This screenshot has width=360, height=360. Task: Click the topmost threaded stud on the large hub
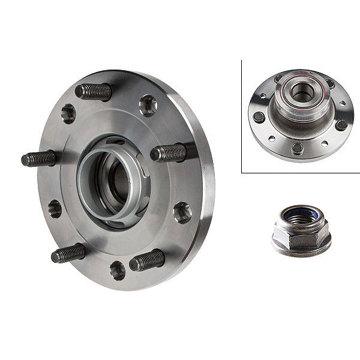point(94,91)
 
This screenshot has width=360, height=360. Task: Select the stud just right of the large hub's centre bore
point(169,153)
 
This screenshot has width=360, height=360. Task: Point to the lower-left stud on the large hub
point(68,253)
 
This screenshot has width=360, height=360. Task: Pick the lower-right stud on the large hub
point(146,260)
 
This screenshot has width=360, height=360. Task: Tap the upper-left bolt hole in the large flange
point(68,113)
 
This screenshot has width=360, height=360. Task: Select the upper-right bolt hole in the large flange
point(148,106)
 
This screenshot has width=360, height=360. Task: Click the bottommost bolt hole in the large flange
point(118,270)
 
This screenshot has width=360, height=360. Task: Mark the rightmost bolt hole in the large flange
point(182,212)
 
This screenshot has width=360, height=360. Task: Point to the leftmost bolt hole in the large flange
point(55,209)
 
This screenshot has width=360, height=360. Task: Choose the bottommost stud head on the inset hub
point(297,148)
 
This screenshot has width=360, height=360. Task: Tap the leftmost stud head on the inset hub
point(259,117)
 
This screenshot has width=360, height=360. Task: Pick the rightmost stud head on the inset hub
point(341,125)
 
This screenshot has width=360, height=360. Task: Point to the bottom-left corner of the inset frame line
point(242,173)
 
